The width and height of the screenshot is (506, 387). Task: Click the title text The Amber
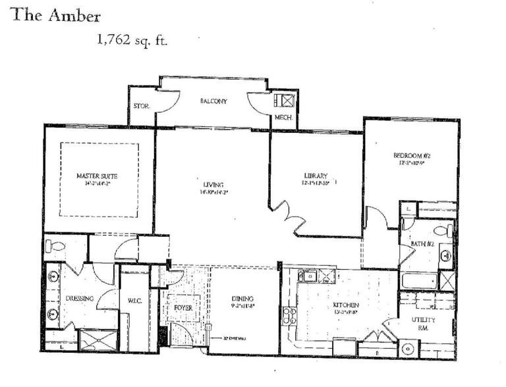tap(56, 15)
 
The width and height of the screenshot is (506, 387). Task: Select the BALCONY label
tap(213, 101)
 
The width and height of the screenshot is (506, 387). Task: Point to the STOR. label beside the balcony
tap(141, 106)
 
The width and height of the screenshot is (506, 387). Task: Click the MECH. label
tap(284, 118)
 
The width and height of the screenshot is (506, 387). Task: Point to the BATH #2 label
tap(422, 245)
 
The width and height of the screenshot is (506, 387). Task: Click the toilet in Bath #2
tap(445, 230)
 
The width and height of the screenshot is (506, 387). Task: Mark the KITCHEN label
tap(346, 305)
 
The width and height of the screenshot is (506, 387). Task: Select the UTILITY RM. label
tap(423, 324)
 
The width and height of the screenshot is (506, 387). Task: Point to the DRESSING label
tap(80, 298)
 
